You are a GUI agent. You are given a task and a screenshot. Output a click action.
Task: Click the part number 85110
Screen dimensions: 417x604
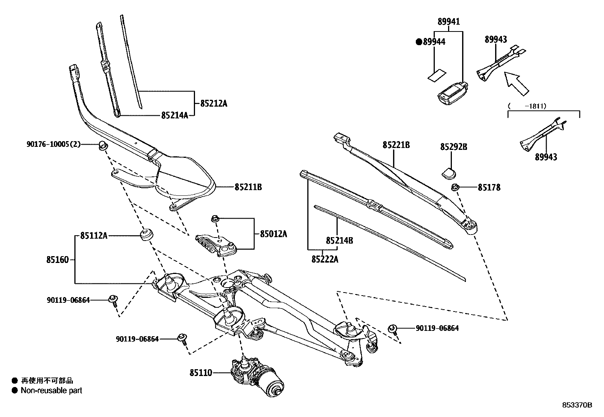[x=201, y=373]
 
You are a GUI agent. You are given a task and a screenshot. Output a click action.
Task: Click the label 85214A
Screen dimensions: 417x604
[x=175, y=115]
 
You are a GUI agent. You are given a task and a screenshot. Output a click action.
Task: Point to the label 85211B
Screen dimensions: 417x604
[x=248, y=187]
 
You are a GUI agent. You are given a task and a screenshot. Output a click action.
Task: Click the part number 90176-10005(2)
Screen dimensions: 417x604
[x=53, y=144]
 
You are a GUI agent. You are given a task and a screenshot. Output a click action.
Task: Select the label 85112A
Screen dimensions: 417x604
[x=94, y=236]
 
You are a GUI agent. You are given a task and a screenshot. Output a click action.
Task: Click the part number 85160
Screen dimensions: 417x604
[x=58, y=260]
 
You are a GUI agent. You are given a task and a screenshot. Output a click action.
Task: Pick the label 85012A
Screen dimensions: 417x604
[x=273, y=234]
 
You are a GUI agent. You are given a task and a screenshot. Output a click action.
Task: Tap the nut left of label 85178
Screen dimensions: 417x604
[x=455, y=187]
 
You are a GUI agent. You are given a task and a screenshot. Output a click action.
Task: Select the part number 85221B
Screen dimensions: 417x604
[x=396, y=145]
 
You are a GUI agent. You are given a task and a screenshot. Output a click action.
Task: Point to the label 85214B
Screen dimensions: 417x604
[x=340, y=241]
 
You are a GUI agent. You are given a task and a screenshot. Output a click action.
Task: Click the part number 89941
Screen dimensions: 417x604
[x=448, y=22]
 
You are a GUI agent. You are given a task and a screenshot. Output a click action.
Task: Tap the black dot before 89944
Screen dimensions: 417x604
[x=419, y=42]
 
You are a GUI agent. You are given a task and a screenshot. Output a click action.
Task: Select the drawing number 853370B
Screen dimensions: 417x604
[x=577, y=405]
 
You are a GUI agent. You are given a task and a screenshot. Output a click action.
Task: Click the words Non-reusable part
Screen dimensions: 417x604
[x=51, y=390]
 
